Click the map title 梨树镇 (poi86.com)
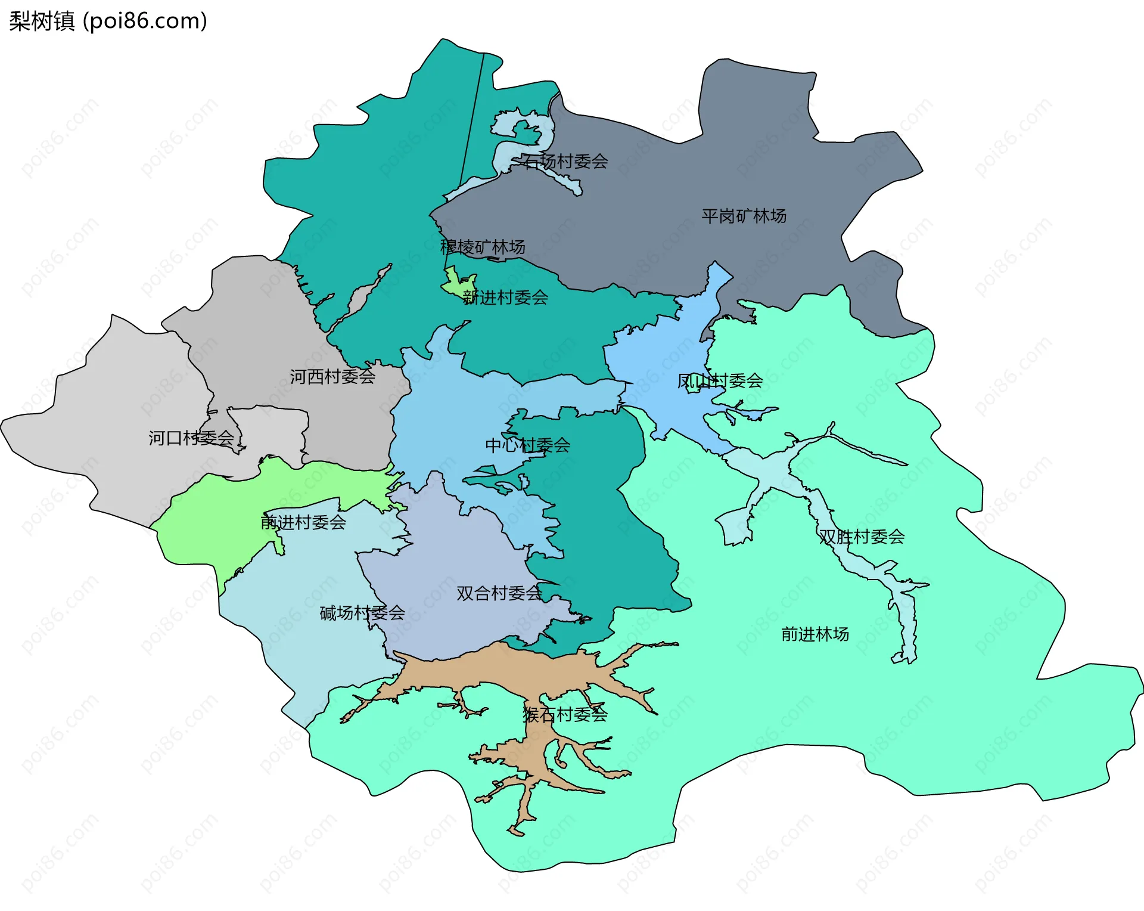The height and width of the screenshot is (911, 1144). point(108,21)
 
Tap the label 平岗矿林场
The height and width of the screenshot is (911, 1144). point(744,216)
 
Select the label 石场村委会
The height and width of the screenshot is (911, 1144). point(565,161)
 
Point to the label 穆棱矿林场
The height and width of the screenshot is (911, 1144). point(483,247)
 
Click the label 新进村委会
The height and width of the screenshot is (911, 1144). point(505,297)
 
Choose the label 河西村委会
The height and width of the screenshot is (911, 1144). point(332,376)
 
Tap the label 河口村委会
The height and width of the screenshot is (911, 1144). point(191,438)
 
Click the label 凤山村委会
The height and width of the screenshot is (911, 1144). point(720,380)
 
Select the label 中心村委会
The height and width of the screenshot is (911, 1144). point(527,445)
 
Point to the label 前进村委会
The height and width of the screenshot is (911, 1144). point(303,522)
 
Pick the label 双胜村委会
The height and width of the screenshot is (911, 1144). point(862,537)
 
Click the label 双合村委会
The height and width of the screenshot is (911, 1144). point(499,593)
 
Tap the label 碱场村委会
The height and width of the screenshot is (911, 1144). point(362,612)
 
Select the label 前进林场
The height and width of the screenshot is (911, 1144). point(815,634)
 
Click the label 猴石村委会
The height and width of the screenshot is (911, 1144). point(565,714)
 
